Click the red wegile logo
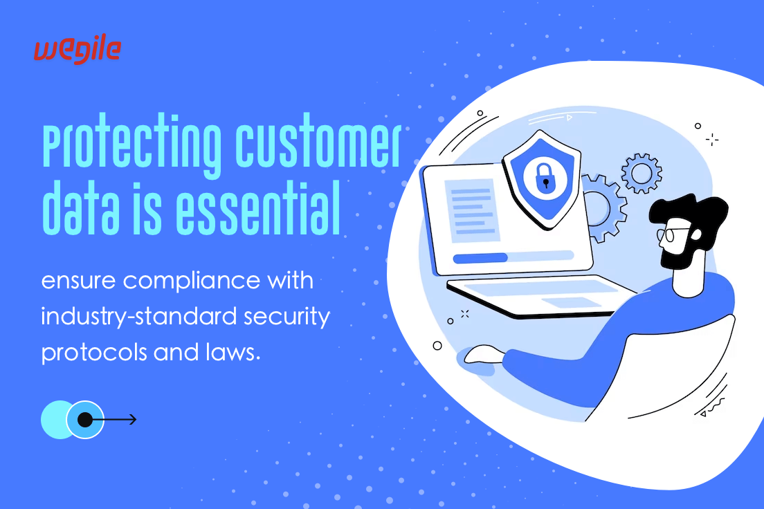point(78,50)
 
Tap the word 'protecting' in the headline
point(131,145)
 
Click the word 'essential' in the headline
point(257,208)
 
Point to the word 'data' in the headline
point(81,208)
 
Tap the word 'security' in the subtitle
point(287,317)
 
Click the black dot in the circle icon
point(85,419)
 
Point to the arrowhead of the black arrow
point(133,419)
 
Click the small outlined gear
point(642,173)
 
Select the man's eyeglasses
point(673,234)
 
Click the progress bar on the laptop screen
point(513,257)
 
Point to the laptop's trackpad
point(570,302)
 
